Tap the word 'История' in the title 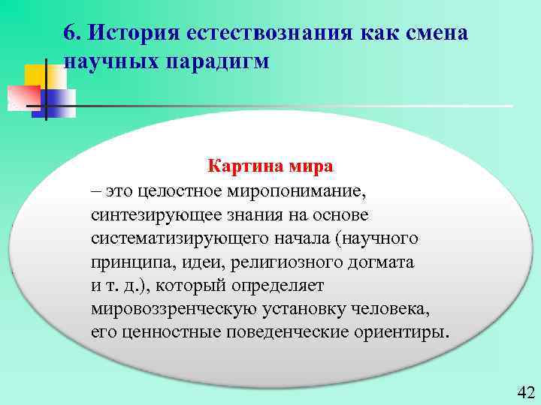click(132, 33)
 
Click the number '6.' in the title click(74, 33)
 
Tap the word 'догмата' click(383, 262)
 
